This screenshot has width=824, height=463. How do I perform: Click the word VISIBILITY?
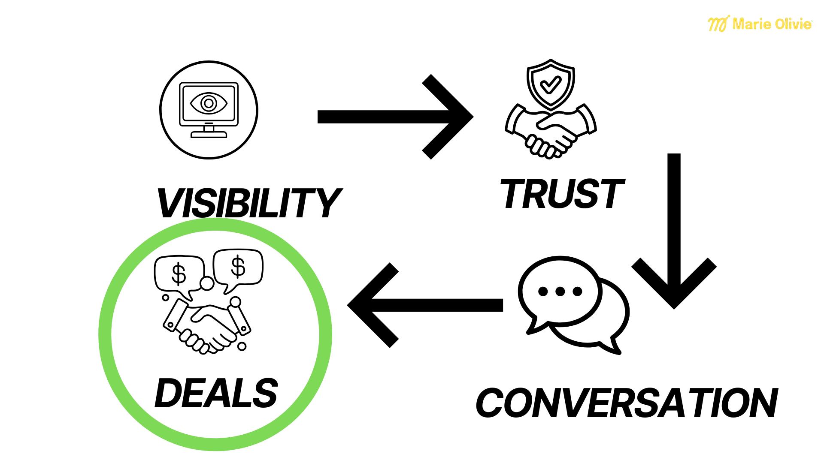[x=249, y=203]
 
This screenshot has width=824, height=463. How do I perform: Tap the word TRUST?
[x=562, y=194]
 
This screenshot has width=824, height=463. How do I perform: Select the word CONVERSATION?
[x=627, y=403]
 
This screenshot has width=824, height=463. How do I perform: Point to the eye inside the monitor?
[x=209, y=103]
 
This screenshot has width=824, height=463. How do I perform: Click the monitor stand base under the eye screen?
[x=209, y=135]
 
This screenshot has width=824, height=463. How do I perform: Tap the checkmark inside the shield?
[x=551, y=84]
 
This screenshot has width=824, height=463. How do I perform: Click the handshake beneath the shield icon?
[x=551, y=131]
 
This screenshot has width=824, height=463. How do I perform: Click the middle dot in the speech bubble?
[x=560, y=292]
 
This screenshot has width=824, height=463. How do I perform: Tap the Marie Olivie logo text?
[x=772, y=24]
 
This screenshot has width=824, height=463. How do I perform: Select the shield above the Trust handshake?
[x=551, y=84]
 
